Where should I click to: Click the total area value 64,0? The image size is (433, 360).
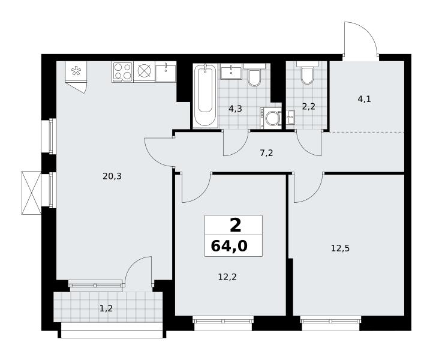229,246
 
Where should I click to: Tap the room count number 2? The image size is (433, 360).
235,225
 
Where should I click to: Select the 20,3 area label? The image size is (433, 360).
112,176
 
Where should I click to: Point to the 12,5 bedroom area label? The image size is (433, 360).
340,248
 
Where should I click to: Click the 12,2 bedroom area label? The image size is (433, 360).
227,277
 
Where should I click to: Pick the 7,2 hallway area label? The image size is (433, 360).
266,153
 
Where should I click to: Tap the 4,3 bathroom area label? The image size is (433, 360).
235,109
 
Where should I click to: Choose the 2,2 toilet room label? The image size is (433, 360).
308,106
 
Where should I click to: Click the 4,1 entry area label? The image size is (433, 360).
364,99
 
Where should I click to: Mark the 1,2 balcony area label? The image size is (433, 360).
106,308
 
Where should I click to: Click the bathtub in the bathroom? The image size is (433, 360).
205,95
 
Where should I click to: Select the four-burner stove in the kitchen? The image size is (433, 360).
122,72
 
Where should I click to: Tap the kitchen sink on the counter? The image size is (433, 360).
166,71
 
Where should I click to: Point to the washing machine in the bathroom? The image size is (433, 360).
270,118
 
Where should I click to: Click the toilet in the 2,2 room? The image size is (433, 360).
307,73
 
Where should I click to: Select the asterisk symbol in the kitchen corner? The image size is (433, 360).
76,71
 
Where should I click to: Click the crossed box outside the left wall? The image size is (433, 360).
31,193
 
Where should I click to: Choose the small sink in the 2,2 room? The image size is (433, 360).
290,118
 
